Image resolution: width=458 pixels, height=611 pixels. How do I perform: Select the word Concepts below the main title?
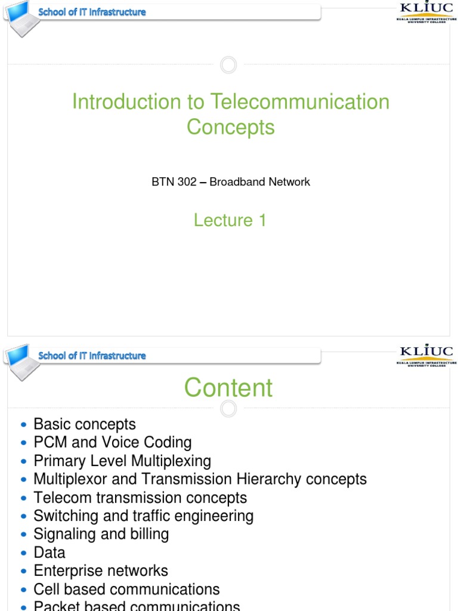(230, 127)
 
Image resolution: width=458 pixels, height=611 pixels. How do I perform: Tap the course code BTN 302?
(174, 182)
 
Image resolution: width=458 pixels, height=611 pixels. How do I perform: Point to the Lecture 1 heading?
(230, 220)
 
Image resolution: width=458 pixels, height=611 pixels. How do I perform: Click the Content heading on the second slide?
(228, 388)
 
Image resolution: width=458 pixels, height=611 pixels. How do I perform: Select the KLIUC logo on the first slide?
(426, 12)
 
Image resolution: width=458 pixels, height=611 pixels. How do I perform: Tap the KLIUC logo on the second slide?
(426, 355)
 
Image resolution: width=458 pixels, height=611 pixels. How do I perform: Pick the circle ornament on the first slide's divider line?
(228, 64)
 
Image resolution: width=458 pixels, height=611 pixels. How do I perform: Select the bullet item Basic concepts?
(85, 424)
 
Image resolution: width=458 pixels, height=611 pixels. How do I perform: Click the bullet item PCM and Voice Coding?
(113, 443)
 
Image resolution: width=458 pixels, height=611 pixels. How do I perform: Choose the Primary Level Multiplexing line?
(122, 461)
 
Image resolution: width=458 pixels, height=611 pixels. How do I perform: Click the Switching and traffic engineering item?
(143, 516)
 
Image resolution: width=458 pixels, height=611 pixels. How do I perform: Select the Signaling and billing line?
(101, 534)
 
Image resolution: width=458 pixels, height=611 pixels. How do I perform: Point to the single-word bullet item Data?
(49, 553)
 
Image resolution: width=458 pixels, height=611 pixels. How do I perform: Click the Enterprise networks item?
(101, 571)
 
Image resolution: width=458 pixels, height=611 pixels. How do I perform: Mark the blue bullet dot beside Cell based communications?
(23, 590)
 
